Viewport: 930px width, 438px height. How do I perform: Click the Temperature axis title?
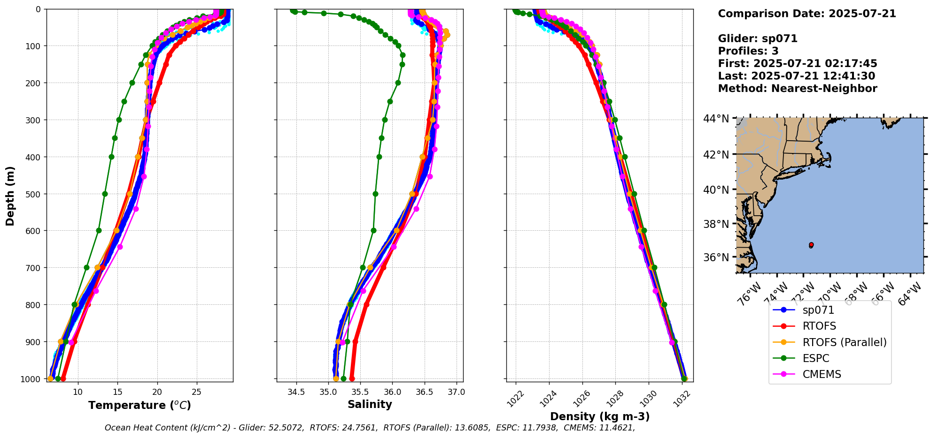tap(139, 405)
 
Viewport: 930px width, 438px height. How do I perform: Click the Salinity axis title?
tap(370, 404)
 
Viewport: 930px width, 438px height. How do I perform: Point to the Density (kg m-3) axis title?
tap(600, 416)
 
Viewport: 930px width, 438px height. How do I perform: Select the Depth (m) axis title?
tap(10, 196)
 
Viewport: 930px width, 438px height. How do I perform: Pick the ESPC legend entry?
tap(816, 358)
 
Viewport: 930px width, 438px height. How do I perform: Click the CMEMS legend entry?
tap(821, 374)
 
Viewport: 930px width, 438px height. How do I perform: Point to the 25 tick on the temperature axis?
tap(197, 392)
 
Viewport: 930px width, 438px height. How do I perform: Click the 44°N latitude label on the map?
tap(716, 119)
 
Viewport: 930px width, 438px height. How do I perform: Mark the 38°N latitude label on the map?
tap(716, 224)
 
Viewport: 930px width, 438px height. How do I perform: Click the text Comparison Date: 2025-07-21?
tap(807, 14)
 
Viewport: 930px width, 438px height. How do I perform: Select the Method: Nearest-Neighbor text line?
tap(798, 88)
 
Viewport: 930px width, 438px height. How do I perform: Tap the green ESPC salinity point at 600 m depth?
tap(373, 230)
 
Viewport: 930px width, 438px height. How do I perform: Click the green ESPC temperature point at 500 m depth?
tap(105, 194)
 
